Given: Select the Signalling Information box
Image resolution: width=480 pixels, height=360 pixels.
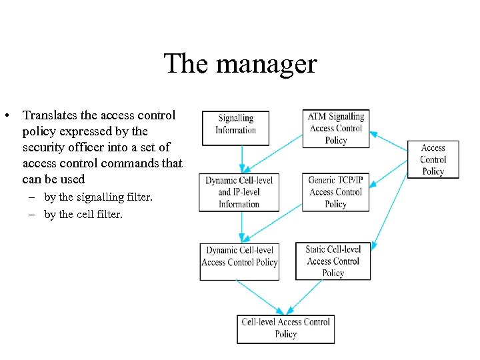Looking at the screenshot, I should point(235,127).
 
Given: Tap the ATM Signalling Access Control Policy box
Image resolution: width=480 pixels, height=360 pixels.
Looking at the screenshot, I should point(336,128).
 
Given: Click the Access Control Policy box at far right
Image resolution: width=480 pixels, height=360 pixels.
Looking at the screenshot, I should point(433,160).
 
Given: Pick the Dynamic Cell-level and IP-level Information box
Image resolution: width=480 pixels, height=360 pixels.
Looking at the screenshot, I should point(239,193).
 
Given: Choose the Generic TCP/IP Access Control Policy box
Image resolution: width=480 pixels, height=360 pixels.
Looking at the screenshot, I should point(335,192).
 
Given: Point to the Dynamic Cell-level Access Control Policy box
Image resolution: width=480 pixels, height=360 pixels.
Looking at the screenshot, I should point(239,261).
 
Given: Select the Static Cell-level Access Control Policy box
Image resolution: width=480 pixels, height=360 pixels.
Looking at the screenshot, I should point(333,261).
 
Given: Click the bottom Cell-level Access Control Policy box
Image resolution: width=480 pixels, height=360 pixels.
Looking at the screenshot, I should point(285,329).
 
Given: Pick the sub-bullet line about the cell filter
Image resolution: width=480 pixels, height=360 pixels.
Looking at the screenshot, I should point(83,215).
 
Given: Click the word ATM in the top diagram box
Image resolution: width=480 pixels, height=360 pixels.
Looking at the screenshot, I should point(316,117).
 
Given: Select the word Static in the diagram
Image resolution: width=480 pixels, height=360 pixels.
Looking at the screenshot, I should point(315,249).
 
